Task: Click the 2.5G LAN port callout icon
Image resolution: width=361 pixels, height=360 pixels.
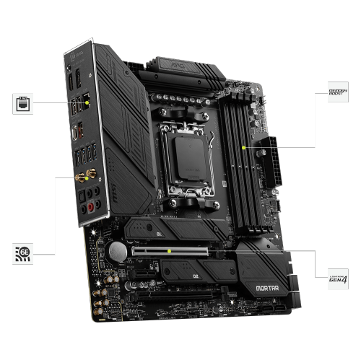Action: click(22, 102)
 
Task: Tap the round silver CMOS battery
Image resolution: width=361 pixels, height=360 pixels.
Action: click(117, 251)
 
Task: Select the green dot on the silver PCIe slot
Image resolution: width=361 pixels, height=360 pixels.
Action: click(169, 251)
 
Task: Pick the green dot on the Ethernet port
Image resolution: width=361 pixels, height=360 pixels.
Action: click(87, 102)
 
